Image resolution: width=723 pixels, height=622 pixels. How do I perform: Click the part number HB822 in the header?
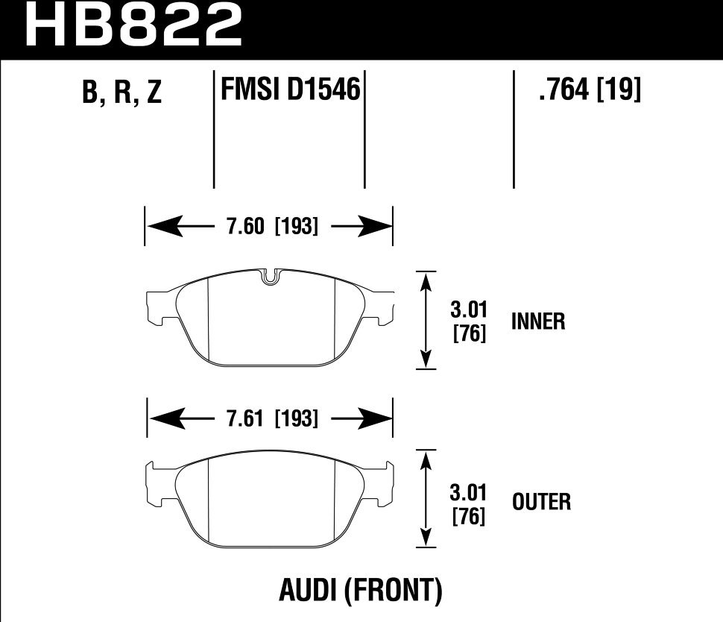click(134, 26)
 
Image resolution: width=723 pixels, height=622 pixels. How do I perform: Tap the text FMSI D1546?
click(290, 91)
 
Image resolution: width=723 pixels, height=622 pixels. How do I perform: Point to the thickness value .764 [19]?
click(589, 91)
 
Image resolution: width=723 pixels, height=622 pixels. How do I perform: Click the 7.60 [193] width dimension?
click(270, 227)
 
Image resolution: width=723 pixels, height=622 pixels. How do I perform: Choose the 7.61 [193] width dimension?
click(270, 419)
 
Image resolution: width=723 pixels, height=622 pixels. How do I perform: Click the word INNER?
click(538, 321)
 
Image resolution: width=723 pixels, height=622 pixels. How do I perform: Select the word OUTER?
click(541, 502)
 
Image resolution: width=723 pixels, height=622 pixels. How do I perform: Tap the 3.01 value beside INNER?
click(470, 310)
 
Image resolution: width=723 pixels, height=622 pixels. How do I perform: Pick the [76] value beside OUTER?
click(470, 515)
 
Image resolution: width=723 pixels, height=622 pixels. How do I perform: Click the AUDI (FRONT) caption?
click(361, 591)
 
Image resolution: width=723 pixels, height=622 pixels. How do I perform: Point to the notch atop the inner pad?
click(271, 276)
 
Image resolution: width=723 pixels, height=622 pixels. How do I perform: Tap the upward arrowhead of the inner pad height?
click(426, 282)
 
